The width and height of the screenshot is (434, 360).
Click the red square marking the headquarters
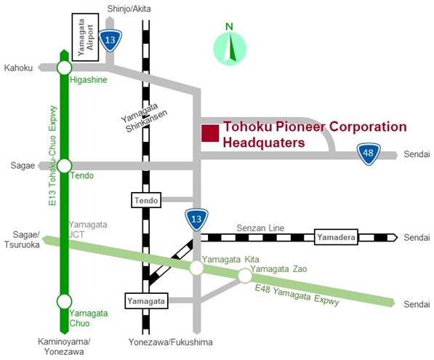point(210,133)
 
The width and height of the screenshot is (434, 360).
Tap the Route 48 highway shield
point(369,153)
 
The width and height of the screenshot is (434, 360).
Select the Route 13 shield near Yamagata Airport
point(110,41)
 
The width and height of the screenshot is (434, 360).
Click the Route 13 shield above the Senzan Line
point(196,220)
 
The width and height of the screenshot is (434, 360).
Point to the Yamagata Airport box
point(85,37)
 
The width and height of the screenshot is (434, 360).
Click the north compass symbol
point(230,49)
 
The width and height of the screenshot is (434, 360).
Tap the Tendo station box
point(146,200)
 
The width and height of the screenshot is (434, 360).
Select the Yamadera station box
point(336,237)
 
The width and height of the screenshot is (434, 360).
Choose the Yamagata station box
point(146,301)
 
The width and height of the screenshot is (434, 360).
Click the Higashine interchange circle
point(65,68)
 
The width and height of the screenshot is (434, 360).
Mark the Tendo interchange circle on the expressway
point(65,166)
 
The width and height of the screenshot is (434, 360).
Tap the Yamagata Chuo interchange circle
point(65,301)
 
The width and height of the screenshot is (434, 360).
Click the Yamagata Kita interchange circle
point(196,268)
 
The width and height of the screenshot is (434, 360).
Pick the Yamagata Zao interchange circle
point(245,276)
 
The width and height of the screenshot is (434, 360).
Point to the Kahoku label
point(18,68)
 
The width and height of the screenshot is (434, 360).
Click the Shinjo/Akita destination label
point(129,9)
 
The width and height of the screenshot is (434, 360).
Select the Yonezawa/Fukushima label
point(171,343)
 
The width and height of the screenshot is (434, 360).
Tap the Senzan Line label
point(260,228)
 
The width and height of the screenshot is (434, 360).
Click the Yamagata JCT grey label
point(88,230)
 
